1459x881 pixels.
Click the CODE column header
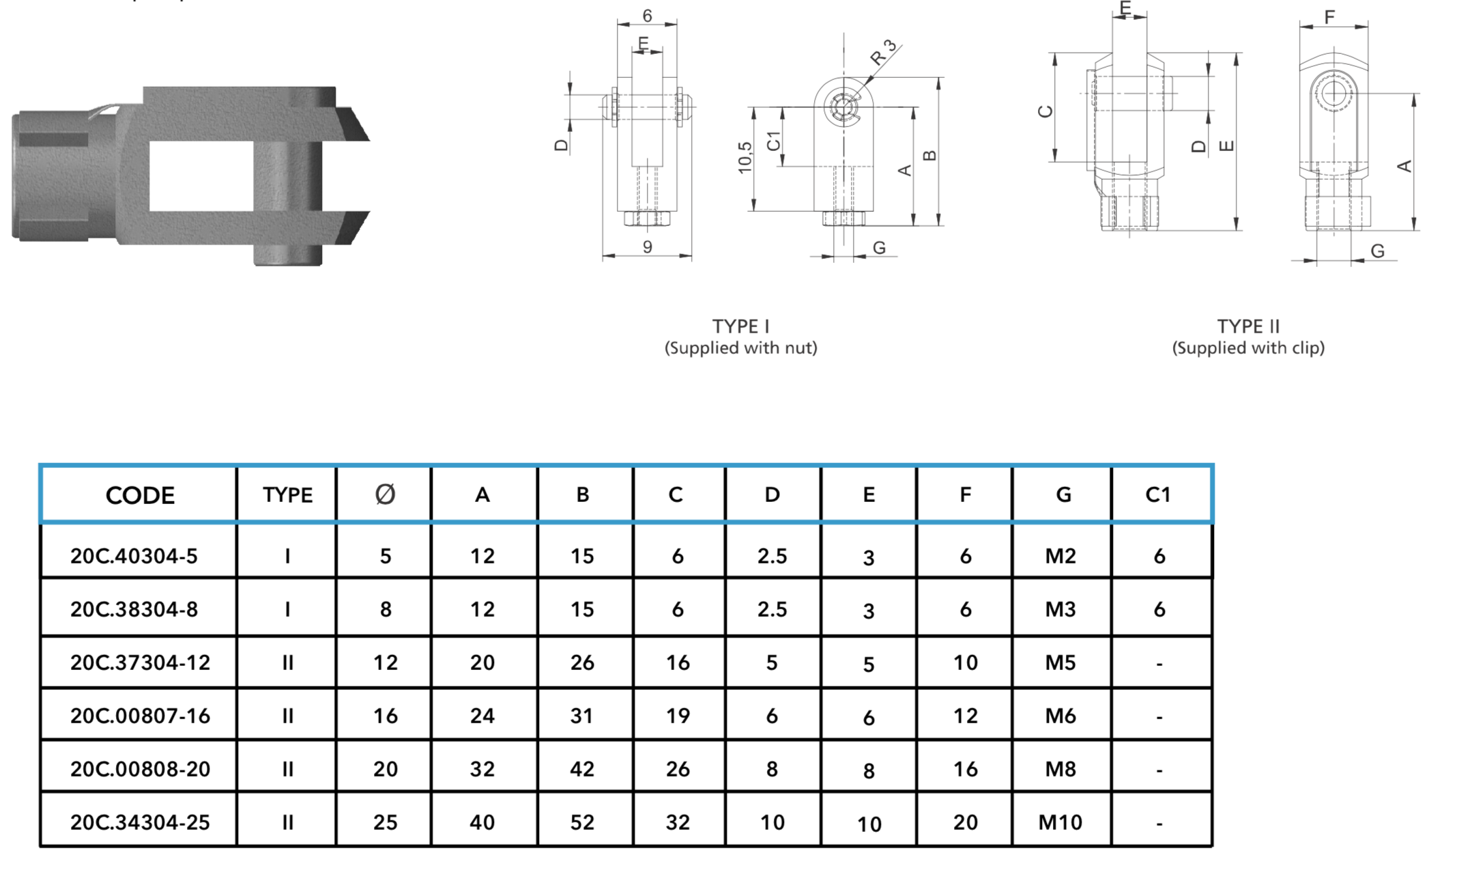click(140, 495)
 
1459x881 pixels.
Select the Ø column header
click(385, 494)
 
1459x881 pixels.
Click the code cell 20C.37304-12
click(140, 662)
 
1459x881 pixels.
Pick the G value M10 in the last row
click(1060, 822)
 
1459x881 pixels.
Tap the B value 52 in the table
click(582, 822)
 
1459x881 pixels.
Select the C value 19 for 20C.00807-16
click(678, 716)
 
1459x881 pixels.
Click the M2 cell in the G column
click(1060, 556)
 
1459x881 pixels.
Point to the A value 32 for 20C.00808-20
click(482, 769)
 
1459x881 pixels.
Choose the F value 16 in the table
click(965, 769)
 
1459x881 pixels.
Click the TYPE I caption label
click(740, 326)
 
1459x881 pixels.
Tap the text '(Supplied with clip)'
click(1248, 348)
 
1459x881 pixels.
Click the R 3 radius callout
click(883, 53)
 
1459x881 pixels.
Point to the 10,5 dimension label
click(745, 158)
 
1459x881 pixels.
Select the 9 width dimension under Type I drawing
click(647, 247)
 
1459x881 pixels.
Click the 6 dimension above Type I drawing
click(647, 15)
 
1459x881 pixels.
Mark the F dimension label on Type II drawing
click(1329, 16)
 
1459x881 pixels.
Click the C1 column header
click(1158, 494)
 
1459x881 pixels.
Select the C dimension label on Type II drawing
click(1045, 111)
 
